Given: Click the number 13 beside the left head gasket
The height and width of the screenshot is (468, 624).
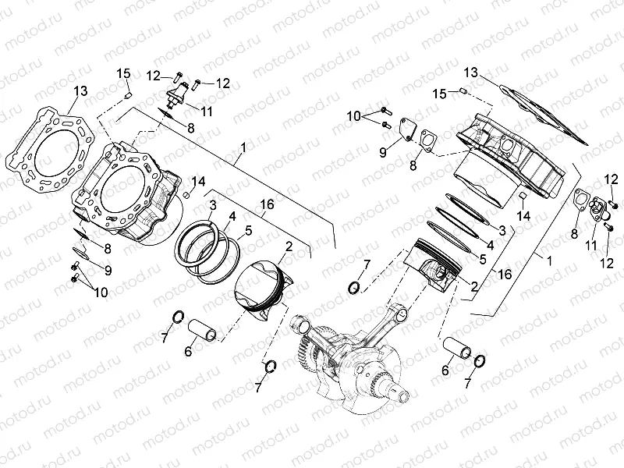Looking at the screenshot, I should point(81,91).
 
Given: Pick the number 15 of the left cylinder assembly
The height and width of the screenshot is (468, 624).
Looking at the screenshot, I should point(123,73).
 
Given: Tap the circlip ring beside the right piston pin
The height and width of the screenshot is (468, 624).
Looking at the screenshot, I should point(480,360).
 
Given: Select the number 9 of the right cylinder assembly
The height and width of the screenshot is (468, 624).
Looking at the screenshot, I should point(383,153).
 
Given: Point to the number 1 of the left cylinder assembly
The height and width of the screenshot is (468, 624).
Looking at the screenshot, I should point(243,146).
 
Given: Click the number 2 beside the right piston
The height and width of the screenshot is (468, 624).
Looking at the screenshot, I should point(473,286).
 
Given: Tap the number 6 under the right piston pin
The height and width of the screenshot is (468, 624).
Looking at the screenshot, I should point(445,370).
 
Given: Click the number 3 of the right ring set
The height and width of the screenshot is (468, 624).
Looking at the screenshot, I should point(502,230).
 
